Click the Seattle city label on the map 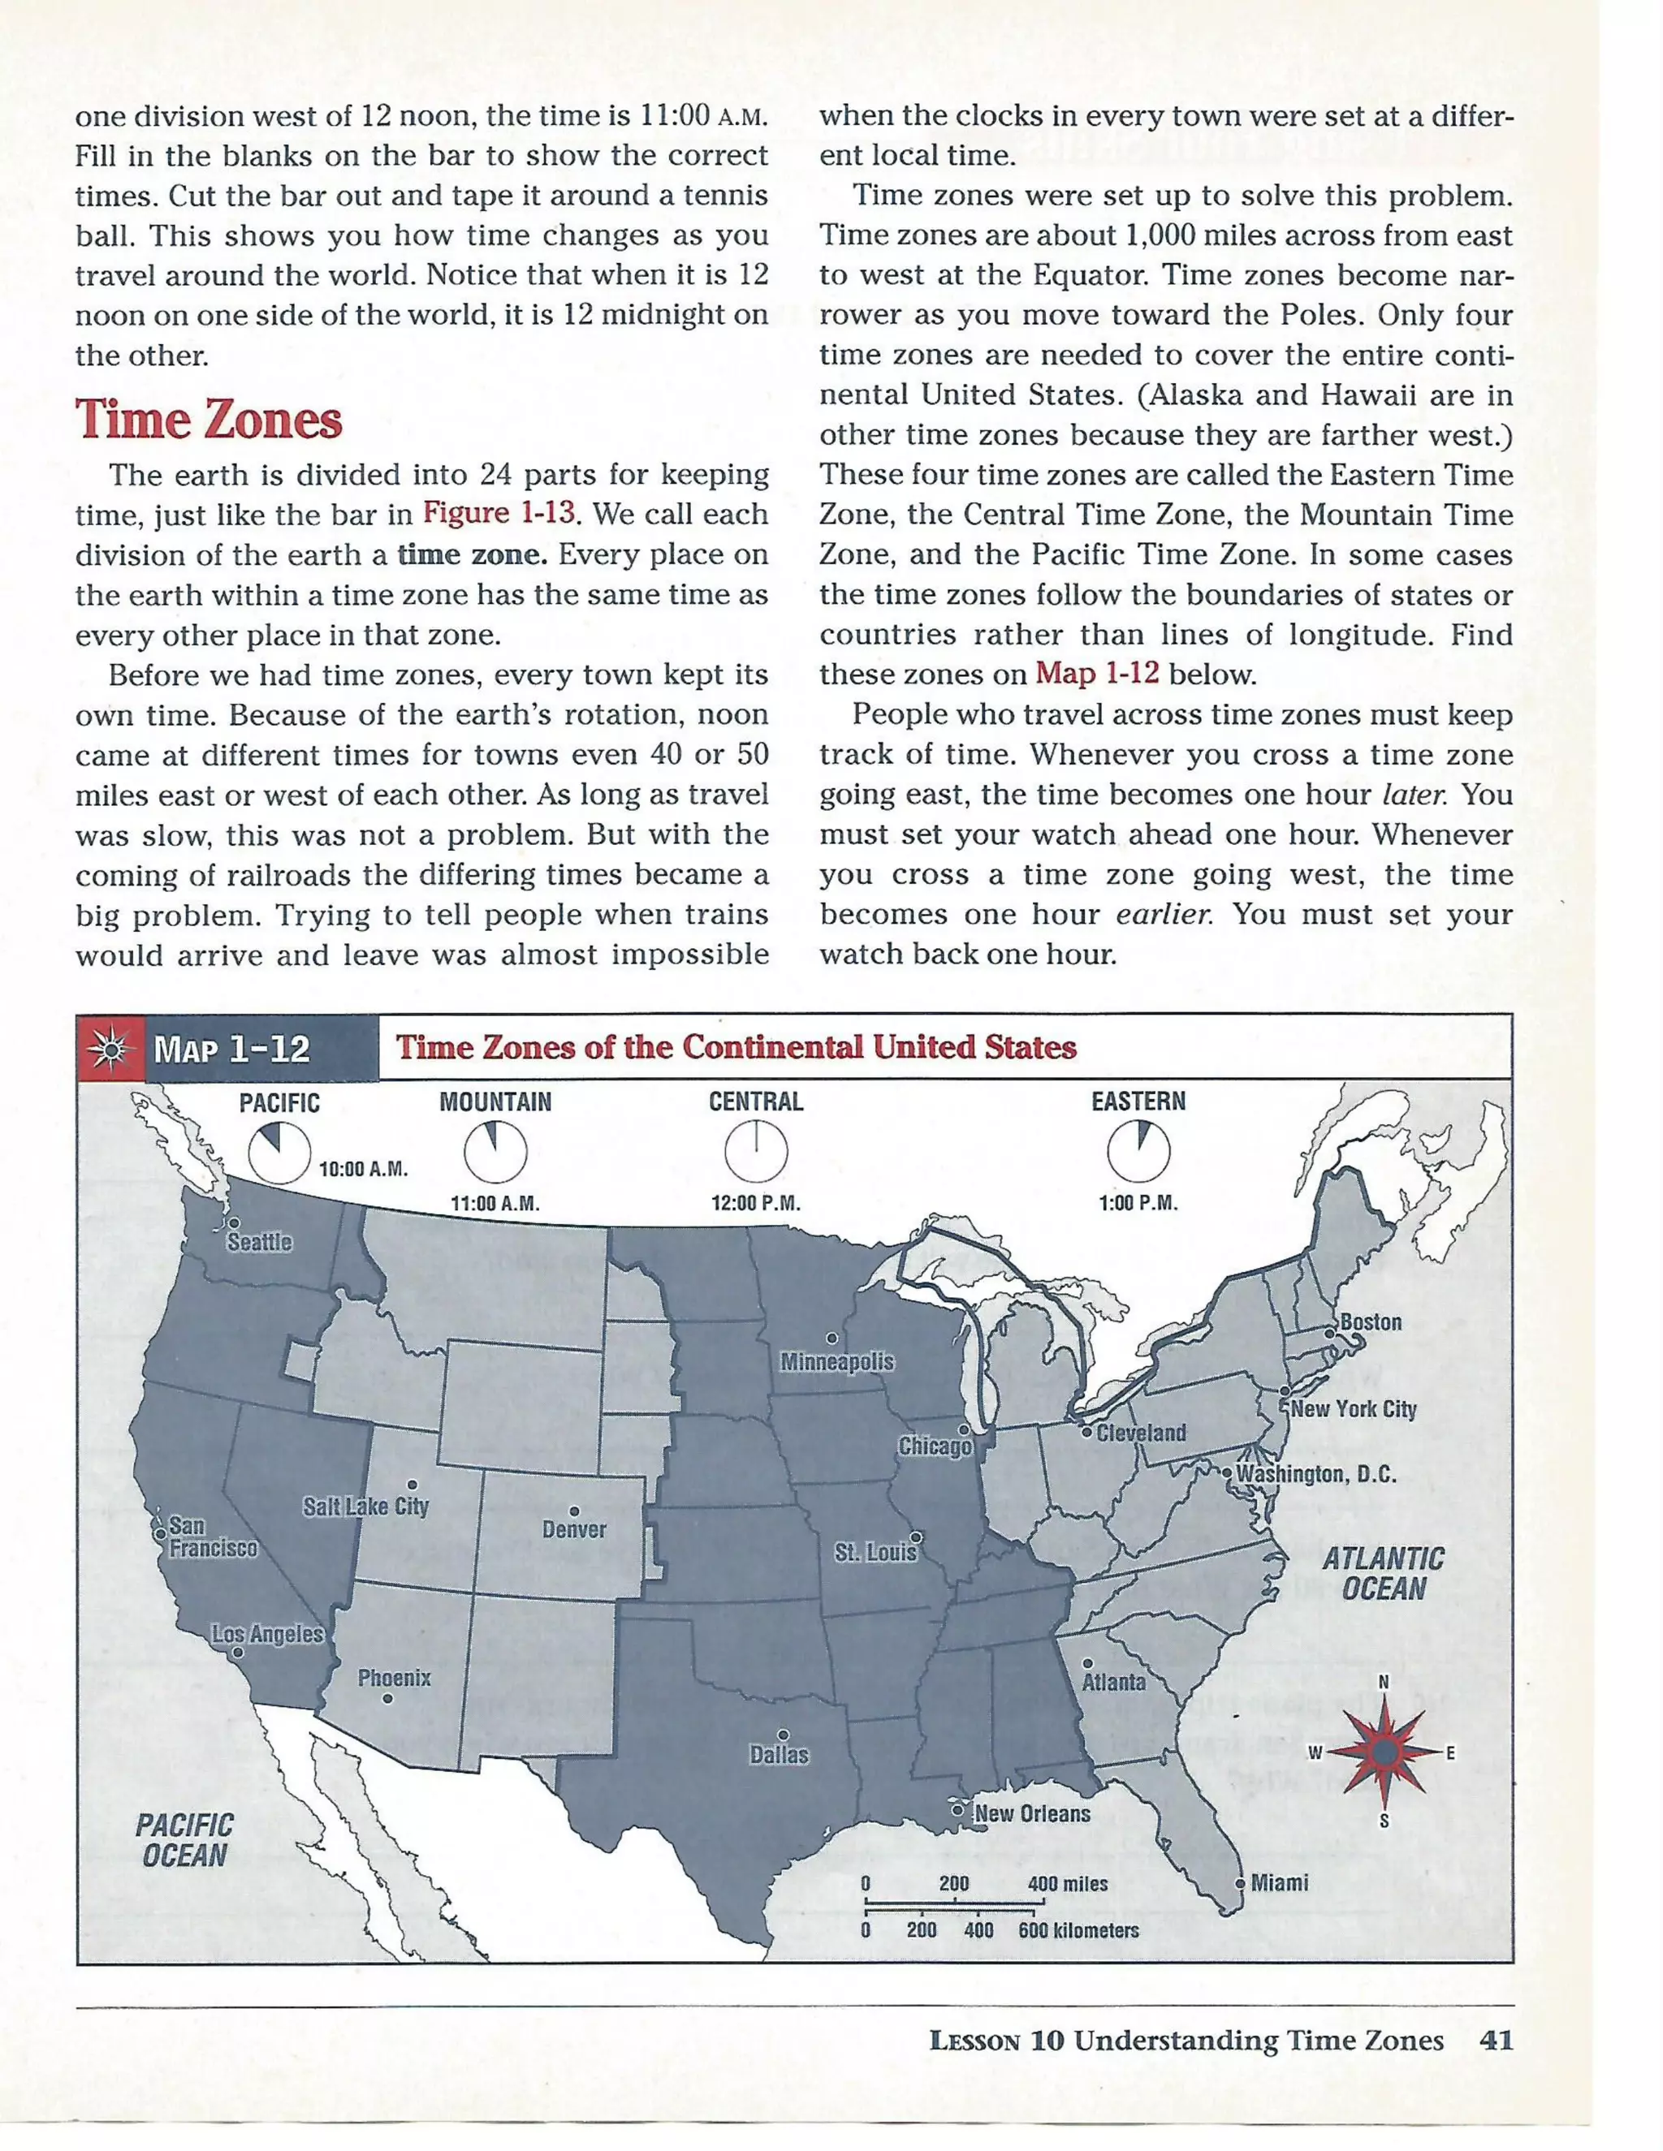[259, 1242]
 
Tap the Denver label [574, 1529]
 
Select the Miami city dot [1241, 1883]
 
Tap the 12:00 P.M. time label [756, 1204]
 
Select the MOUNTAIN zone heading [495, 1102]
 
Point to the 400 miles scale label [1067, 1884]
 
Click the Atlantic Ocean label [1382, 1574]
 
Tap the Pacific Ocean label [184, 1840]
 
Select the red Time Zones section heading [209, 420]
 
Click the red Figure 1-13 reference [499, 513]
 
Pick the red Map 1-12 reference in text [1096, 674]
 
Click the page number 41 [1496, 2040]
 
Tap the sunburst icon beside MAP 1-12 [111, 1049]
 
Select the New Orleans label [1031, 1814]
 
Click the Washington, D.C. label [1315, 1474]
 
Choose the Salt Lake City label [365, 1507]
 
